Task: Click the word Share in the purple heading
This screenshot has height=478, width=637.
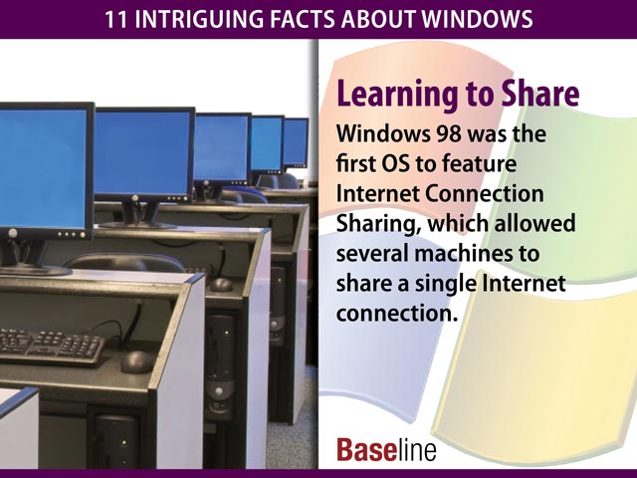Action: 532,95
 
